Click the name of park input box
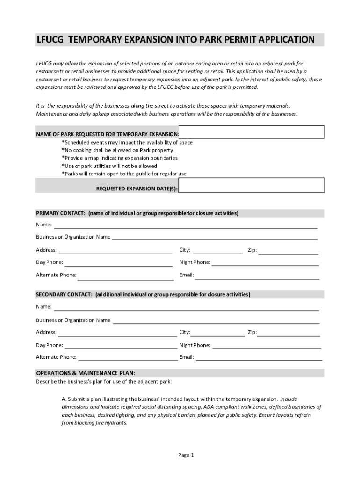252,132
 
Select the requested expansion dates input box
252,185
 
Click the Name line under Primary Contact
186,225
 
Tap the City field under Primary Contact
217,250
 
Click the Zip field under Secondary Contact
289,333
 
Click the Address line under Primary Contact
115,250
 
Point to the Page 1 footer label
186,455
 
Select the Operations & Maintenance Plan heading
86,373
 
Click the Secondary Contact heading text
143,295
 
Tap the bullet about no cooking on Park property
117,150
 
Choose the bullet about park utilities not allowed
109,166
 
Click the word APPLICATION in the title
283,40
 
